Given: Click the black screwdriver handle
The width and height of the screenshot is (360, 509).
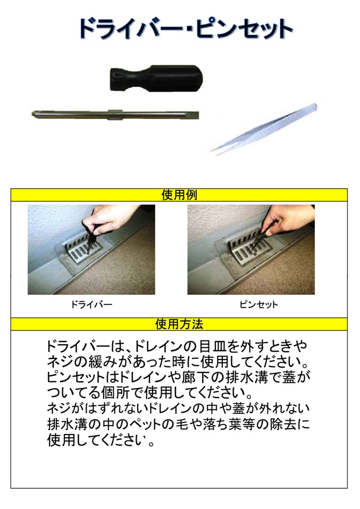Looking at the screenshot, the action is pyautogui.click(x=156, y=78).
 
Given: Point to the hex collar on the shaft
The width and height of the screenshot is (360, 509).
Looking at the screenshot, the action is pyautogui.click(x=114, y=114).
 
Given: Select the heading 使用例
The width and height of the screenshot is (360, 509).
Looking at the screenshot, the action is pyautogui.click(x=179, y=195).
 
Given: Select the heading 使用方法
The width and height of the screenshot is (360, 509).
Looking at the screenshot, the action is pyautogui.click(x=179, y=324).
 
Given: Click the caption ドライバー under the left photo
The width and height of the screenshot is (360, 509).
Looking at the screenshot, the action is pyautogui.click(x=91, y=304).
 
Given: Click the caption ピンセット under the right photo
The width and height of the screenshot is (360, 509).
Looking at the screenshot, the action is pyautogui.click(x=259, y=304).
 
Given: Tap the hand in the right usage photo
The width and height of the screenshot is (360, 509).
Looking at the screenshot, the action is pyautogui.click(x=286, y=221).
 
